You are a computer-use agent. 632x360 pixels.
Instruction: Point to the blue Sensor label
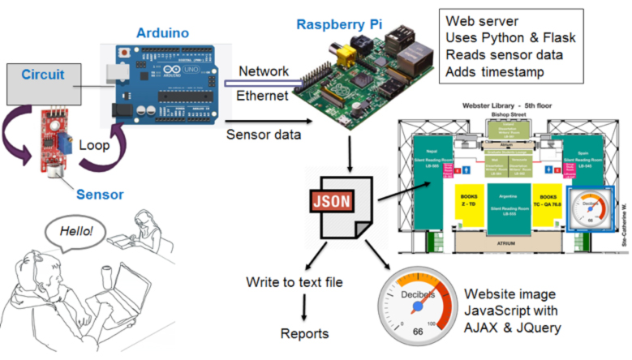101,195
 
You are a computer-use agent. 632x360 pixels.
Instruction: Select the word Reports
305,334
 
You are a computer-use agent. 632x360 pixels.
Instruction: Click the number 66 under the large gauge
419,333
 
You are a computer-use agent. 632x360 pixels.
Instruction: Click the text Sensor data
263,134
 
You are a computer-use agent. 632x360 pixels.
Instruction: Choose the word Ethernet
263,96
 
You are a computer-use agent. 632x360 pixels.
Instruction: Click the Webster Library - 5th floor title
505,106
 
